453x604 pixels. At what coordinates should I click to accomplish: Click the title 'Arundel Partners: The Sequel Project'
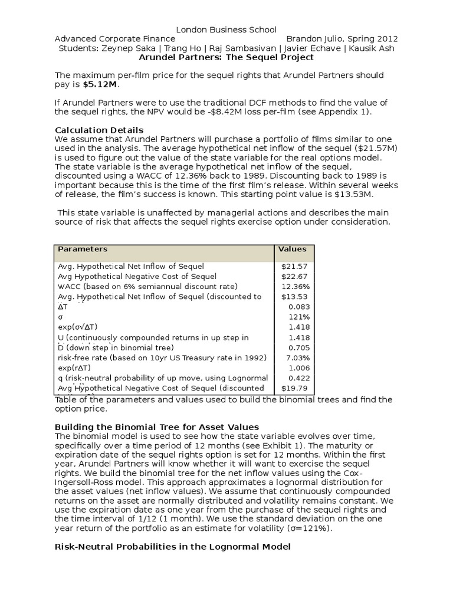tap(226, 58)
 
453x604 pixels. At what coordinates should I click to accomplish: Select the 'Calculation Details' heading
tap(99, 130)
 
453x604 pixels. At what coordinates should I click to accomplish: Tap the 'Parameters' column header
tap(83, 250)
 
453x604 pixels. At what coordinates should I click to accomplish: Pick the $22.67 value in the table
tap(296, 276)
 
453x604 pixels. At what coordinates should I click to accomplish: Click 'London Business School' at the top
tap(218, 30)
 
